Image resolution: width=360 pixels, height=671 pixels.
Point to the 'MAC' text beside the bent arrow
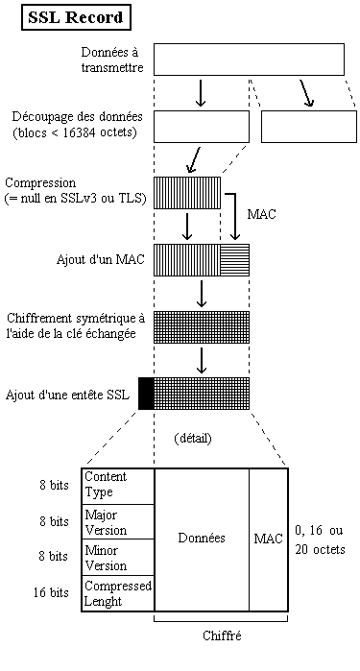[262, 214]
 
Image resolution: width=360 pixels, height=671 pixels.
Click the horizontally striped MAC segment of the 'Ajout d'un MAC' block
[234, 259]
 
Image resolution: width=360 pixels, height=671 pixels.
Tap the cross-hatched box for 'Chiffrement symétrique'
[202, 326]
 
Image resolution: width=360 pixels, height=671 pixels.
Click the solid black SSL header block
[146, 394]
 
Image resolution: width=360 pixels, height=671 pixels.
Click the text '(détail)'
[193, 438]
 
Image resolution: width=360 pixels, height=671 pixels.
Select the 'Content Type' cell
[117, 485]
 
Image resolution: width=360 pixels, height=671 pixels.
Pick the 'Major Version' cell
[117, 521]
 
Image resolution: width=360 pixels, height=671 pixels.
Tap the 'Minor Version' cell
[117, 558]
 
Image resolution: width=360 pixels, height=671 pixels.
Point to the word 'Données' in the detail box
[202, 539]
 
